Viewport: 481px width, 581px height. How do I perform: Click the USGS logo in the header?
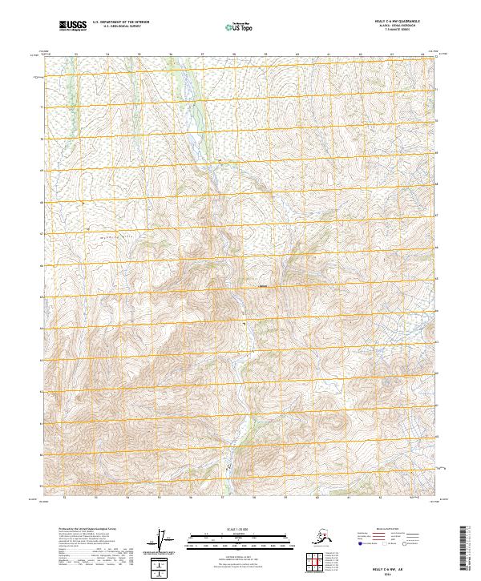[71, 26]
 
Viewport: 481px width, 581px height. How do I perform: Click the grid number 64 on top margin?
[422, 54]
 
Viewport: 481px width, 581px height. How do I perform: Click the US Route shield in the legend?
[388, 543]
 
